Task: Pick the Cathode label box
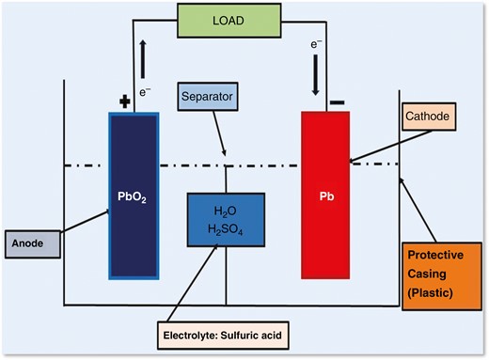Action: tap(429, 117)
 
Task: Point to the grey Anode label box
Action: tap(32, 242)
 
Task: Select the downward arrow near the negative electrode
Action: tap(317, 77)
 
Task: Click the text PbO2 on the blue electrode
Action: tap(134, 200)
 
